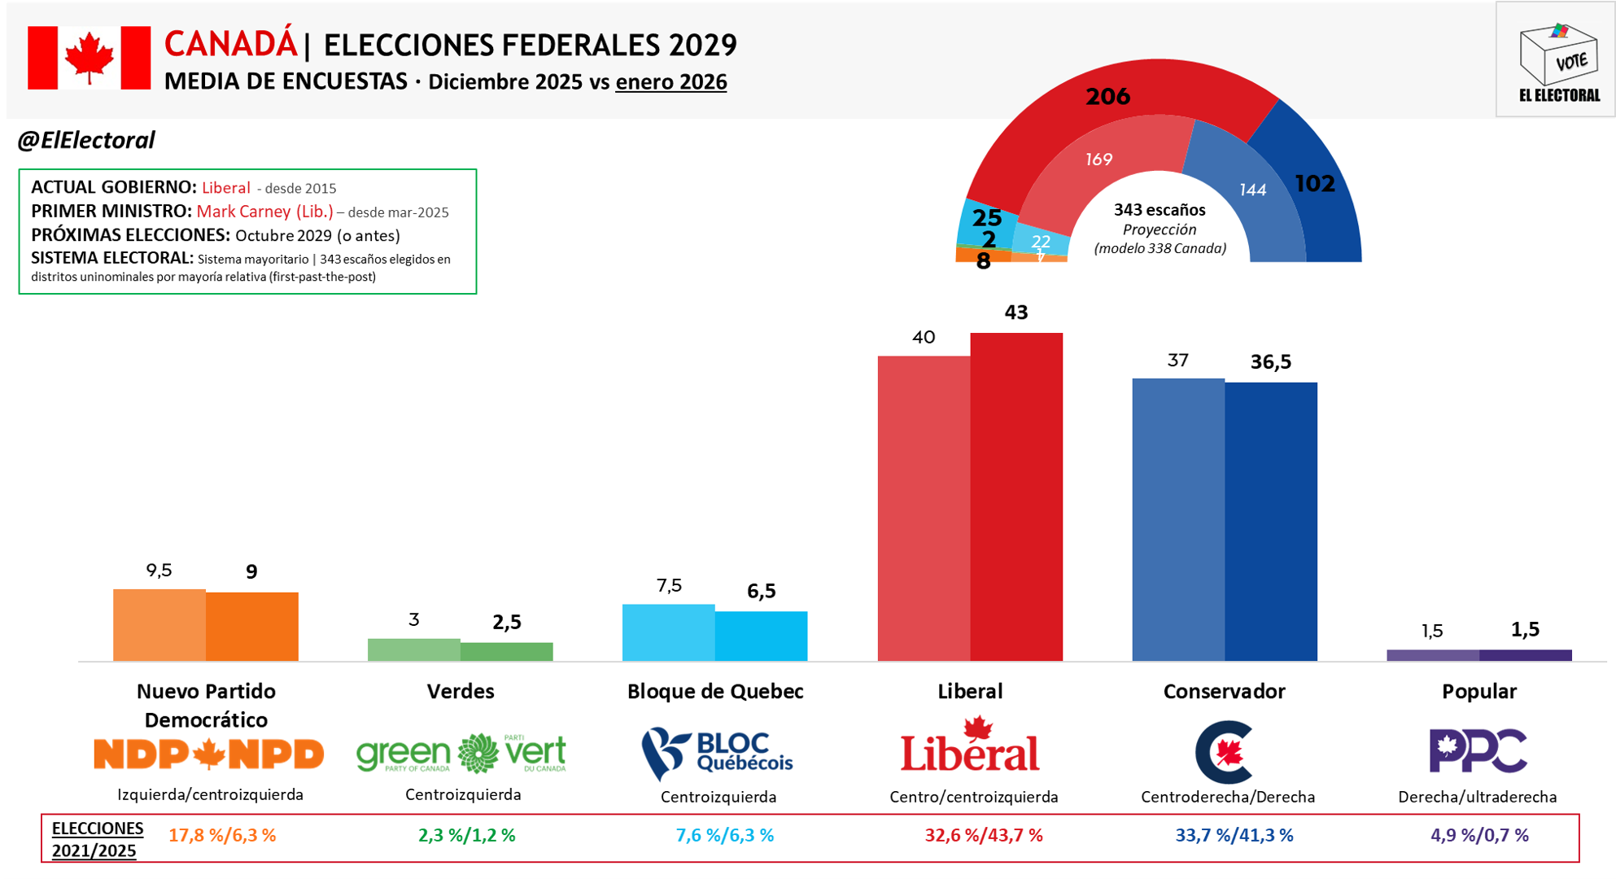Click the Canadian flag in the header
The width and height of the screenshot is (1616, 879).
tap(90, 58)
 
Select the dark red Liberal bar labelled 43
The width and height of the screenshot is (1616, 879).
tap(1016, 496)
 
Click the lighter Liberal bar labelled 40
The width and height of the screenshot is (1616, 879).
tap(924, 509)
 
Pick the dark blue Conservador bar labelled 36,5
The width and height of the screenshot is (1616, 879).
tap(1271, 522)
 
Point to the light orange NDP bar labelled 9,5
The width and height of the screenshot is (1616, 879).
tap(159, 625)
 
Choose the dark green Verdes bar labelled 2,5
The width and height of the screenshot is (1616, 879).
tap(507, 652)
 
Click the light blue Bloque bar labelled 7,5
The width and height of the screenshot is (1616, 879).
tap(669, 632)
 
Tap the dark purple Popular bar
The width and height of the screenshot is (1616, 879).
tap(1526, 655)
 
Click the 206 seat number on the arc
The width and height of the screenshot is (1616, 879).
tap(1107, 97)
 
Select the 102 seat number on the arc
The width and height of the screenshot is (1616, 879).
tap(1315, 184)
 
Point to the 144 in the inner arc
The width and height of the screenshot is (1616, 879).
tap(1252, 190)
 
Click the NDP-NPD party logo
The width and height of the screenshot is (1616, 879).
tap(208, 754)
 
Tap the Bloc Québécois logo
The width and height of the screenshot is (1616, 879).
tap(717, 753)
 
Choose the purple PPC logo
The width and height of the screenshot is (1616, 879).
tap(1478, 750)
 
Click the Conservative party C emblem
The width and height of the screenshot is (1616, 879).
tap(1224, 752)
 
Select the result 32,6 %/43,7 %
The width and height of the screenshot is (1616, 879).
tap(984, 835)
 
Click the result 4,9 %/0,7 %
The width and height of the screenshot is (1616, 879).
tap(1479, 835)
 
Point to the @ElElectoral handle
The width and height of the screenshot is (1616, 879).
tap(86, 141)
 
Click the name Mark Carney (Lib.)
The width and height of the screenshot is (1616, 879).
tap(265, 212)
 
